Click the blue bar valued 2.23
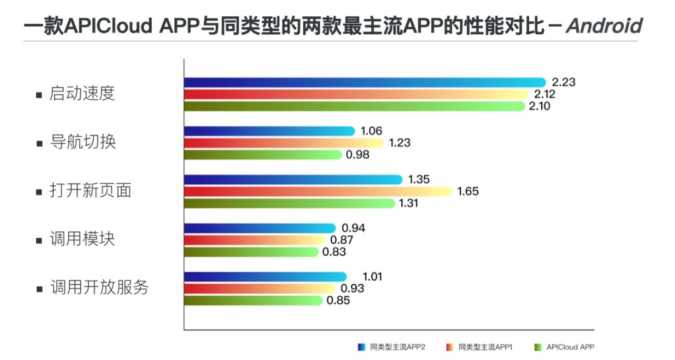point(366,82)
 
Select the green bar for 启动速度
point(354,106)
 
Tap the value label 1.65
point(467,191)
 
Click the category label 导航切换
point(82,142)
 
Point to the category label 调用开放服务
point(99,288)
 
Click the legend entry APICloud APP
point(565,346)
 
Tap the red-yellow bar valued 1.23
point(284,142)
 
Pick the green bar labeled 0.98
point(263,154)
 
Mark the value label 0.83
point(334,252)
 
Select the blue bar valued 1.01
point(266,277)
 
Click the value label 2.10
point(541,106)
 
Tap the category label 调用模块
point(82,239)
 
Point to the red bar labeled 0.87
point(254,240)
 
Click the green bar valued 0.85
point(253,301)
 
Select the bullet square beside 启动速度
point(39,96)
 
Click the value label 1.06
point(371,131)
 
